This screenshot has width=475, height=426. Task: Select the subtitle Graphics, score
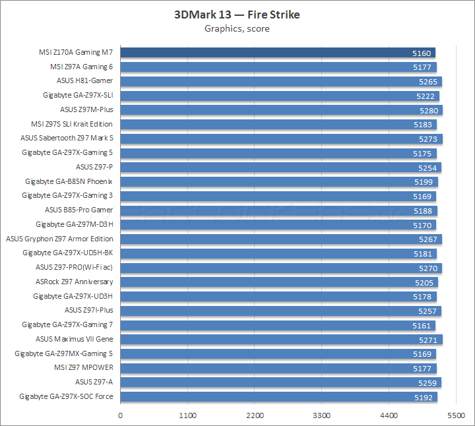(237, 28)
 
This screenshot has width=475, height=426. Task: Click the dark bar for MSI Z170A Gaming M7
(277, 53)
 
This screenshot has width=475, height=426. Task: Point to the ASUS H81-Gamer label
(84, 81)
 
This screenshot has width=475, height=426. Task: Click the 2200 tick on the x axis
(255, 415)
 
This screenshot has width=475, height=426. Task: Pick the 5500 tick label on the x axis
(456, 415)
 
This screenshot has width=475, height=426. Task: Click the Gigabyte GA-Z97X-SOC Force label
(66, 396)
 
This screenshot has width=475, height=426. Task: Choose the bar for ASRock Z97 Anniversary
(277, 282)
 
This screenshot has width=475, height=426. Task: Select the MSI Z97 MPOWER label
(83, 368)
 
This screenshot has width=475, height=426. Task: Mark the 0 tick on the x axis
(120, 415)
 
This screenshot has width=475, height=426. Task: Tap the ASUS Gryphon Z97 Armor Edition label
(59, 239)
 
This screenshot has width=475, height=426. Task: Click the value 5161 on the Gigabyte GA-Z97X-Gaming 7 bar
(422, 325)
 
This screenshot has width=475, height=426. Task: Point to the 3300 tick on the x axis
(322, 415)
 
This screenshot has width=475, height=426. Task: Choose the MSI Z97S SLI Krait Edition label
(72, 124)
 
